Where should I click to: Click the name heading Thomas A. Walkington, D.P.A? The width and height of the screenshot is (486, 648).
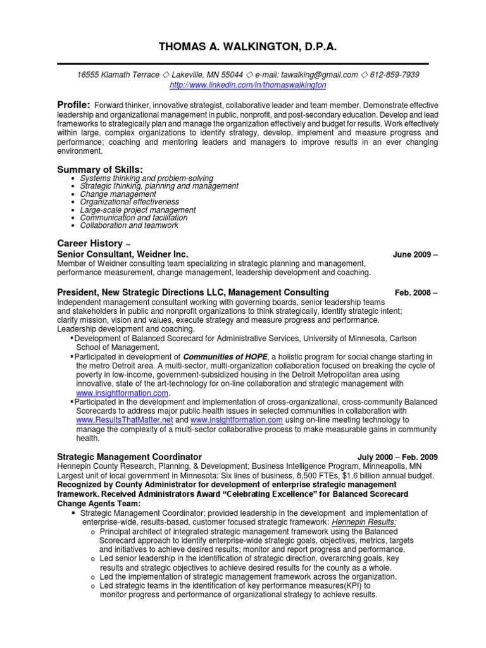click(243, 46)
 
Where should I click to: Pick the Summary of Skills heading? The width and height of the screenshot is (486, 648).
click(100, 169)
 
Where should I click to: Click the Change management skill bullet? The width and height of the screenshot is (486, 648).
click(118, 194)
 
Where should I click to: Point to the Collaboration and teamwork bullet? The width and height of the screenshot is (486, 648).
click(129, 225)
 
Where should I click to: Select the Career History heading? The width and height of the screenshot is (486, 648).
click(89, 243)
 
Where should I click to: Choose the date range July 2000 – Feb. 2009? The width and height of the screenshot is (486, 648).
click(397, 457)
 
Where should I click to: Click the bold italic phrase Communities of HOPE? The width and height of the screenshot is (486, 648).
click(225, 358)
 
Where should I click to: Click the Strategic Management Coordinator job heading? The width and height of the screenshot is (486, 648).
click(129, 456)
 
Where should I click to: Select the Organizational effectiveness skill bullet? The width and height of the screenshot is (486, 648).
click(129, 202)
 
